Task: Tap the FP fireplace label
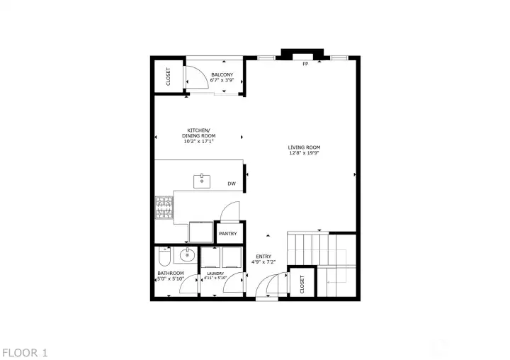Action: pos(305,64)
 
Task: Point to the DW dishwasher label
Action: pos(232,184)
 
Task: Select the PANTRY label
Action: pos(228,234)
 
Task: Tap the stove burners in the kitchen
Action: pos(164,206)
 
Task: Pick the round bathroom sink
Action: pos(188,254)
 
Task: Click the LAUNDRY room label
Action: pos(215,274)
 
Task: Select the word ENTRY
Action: pos(263,257)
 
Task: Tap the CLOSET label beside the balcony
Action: pos(169,76)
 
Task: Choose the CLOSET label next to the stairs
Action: pos(302,283)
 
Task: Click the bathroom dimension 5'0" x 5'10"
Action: pos(171,279)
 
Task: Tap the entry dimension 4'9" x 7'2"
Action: pos(263,262)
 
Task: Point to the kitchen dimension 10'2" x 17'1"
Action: pos(199,141)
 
